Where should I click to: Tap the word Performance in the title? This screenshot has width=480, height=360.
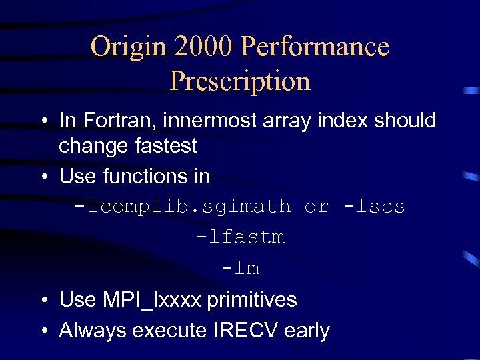(x=315, y=47)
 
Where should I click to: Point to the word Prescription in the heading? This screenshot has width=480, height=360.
(x=240, y=81)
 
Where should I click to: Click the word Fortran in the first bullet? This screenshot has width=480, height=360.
(x=110, y=121)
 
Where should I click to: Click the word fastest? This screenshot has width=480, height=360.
(x=166, y=145)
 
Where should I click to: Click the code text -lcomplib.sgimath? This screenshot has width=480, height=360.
(x=183, y=207)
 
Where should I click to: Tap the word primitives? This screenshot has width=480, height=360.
(x=252, y=300)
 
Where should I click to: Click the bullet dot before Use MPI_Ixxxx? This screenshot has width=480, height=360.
(x=43, y=301)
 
